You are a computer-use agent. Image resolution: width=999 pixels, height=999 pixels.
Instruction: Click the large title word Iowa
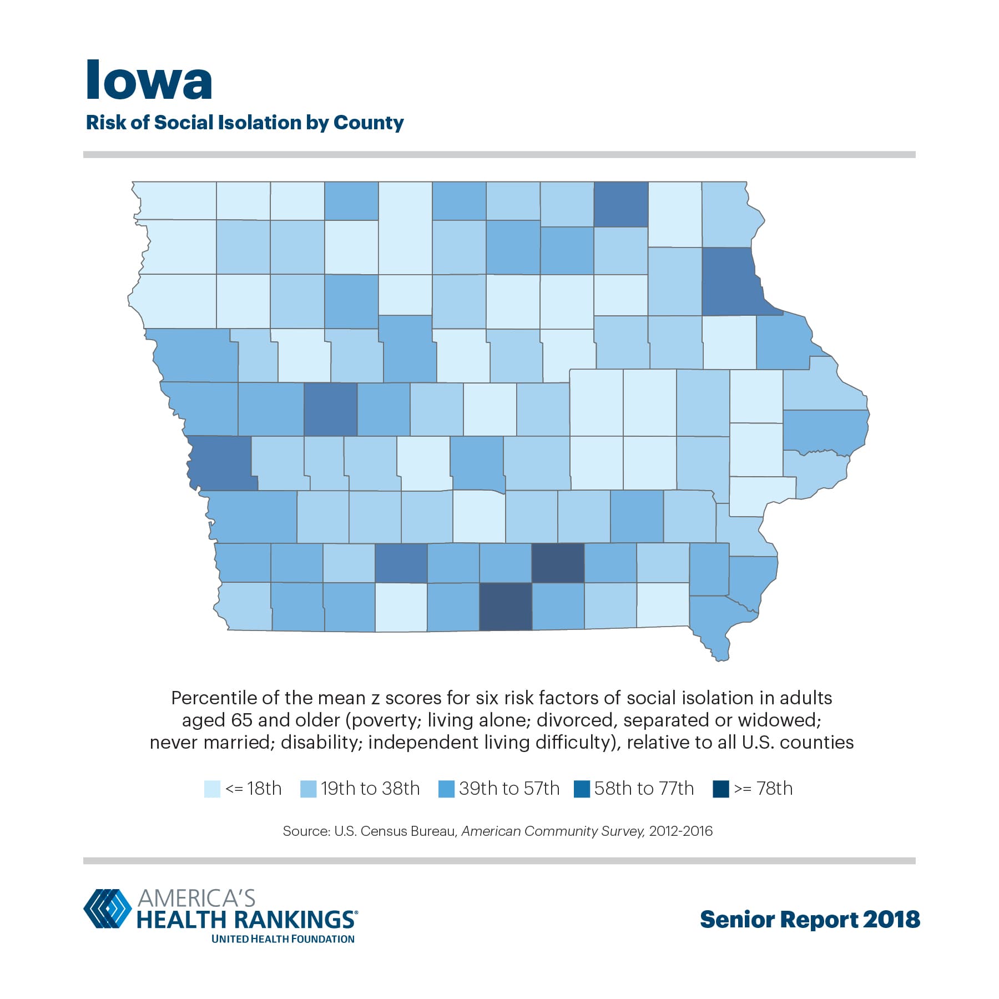(x=149, y=81)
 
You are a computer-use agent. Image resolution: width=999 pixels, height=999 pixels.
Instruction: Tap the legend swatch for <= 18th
(x=212, y=789)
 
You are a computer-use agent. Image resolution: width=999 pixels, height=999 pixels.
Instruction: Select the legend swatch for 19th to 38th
(x=308, y=789)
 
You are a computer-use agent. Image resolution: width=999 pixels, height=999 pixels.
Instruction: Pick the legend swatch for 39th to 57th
(x=446, y=789)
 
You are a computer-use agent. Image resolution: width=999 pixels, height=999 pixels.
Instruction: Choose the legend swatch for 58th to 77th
(x=582, y=789)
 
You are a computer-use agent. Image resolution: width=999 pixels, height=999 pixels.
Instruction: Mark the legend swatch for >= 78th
(x=720, y=789)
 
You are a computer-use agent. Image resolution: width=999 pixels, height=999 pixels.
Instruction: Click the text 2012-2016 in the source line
(x=680, y=831)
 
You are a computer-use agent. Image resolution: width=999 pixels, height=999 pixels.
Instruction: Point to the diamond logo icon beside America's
(x=107, y=909)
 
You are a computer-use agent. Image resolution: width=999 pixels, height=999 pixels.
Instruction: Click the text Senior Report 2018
(x=810, y=919)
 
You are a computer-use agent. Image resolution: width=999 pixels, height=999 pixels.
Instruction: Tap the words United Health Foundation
(x=282, y=939)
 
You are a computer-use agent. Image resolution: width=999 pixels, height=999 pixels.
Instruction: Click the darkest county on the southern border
(x=505, y=606)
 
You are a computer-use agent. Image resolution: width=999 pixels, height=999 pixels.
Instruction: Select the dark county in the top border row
(x=621, y=204)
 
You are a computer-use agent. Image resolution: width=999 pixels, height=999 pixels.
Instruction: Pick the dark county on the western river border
(x=221, y=462)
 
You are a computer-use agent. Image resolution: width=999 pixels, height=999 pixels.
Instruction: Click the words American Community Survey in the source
(x=553, y=831)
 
